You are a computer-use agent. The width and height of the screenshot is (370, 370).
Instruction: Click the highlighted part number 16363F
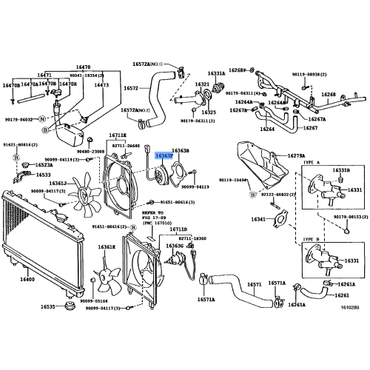pos(163,155)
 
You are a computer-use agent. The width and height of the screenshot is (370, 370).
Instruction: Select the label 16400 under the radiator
pos(28,279)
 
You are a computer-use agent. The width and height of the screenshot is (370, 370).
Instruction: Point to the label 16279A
pos(296,155)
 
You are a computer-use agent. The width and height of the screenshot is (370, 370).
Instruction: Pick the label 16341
pos(258,219)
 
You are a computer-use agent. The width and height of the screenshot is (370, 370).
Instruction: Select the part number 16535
pos(47,306)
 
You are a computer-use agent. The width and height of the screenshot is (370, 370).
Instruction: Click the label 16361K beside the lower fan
pos(108,247)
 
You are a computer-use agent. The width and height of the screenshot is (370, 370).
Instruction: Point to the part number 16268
pos(329,95)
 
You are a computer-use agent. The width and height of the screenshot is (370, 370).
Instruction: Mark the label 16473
pos(101,85)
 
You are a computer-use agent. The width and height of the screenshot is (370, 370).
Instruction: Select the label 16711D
pos(178,230)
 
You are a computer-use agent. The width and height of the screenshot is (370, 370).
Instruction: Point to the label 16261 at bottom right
pos(341,295)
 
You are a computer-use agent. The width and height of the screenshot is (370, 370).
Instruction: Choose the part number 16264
pos(267,128)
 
